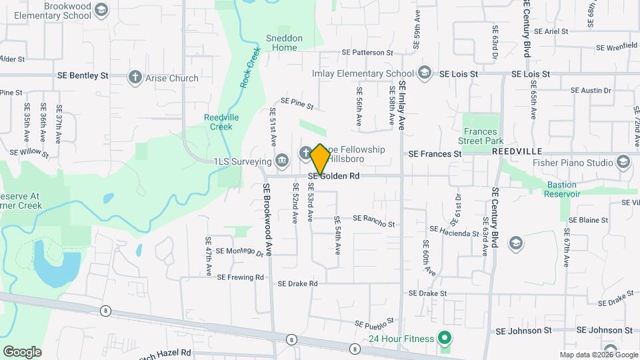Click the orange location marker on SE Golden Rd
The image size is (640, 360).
(x=320, y=159)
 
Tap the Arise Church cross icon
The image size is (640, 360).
(x=135, y=77)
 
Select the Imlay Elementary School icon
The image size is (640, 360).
(x=425, y=73)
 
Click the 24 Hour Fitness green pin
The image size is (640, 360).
(x=441, y=339)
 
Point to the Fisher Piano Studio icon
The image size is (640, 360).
(x=623, y=162)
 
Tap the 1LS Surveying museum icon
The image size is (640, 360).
(x=281, y=161)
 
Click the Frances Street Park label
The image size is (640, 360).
(x=481, y=135)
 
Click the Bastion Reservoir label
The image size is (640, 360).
(x=563, y=189)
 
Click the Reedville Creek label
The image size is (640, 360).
(x=217, y=122)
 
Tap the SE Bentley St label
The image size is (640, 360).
(x=83, y=76)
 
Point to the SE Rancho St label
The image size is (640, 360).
(x=373, y=221)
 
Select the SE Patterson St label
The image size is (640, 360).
(x=367, y=52)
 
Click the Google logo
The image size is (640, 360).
(x=22, y=351)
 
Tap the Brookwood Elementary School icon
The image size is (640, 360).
(x=101, y=9)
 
